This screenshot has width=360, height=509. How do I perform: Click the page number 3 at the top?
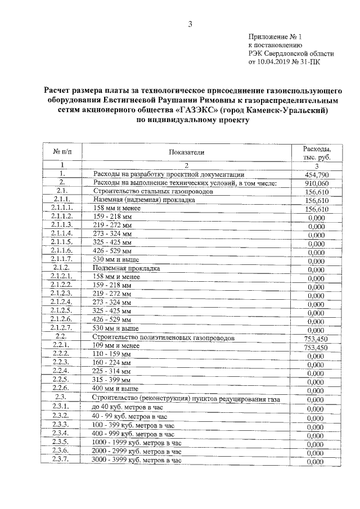[190, 24]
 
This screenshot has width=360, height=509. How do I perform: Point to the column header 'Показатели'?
[186, 152]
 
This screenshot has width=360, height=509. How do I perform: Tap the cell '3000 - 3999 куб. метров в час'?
[137, 460]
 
